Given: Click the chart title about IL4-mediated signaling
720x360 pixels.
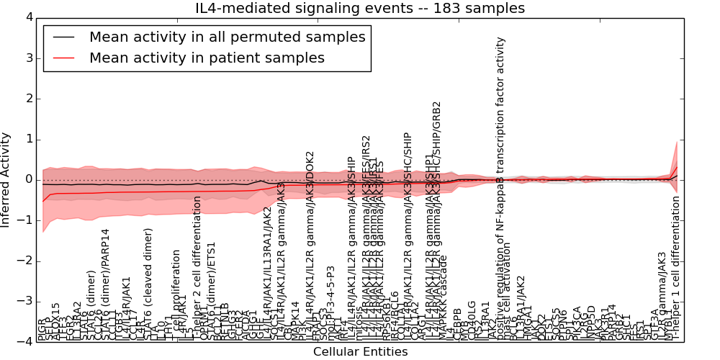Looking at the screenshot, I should [x=360, y=8].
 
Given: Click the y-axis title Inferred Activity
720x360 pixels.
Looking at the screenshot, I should [x=6, y=179].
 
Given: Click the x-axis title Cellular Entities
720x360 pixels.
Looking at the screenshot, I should [x=360, y=352].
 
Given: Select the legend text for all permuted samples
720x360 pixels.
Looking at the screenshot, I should [x=227, y=37].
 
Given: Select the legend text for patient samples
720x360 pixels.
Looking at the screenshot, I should [x=207, y=58].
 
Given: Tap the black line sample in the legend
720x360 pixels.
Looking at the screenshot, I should [x=63, y=37].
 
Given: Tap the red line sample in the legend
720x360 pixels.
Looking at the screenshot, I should [x=63, y=58].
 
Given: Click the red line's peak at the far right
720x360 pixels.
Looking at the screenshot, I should [x=677, y=167].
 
